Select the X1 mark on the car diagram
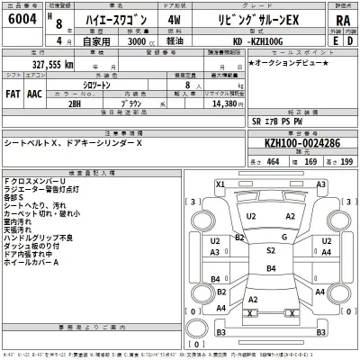pos(220,184)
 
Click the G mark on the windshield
pos(283,237)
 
